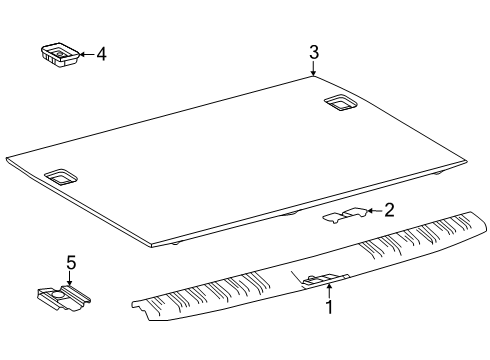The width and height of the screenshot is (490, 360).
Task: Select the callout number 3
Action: pyautogui.click(x=314, y=51)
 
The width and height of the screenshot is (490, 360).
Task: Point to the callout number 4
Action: pyautogui.click(x=100, y=54)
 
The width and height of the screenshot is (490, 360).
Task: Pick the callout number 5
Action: pyautogui.click(x=71, y=263)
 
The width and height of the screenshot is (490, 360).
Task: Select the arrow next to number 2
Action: pyautogui.click(x=373, y=210)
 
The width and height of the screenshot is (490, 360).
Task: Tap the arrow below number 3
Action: pyautogui.click(x=314, y=70)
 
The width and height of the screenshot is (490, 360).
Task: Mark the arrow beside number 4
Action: pyautogui.click(x=84, y=55)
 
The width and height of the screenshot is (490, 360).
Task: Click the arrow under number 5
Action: pyautogui.click(x=71, y=280)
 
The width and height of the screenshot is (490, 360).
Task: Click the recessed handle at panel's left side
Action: pyautogui.click(x=62, y=176)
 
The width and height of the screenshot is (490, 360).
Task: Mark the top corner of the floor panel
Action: pyautogui.click(x=313, y=78)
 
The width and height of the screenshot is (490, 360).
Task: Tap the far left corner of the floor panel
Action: pyautogui.click(x=8, y=158)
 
